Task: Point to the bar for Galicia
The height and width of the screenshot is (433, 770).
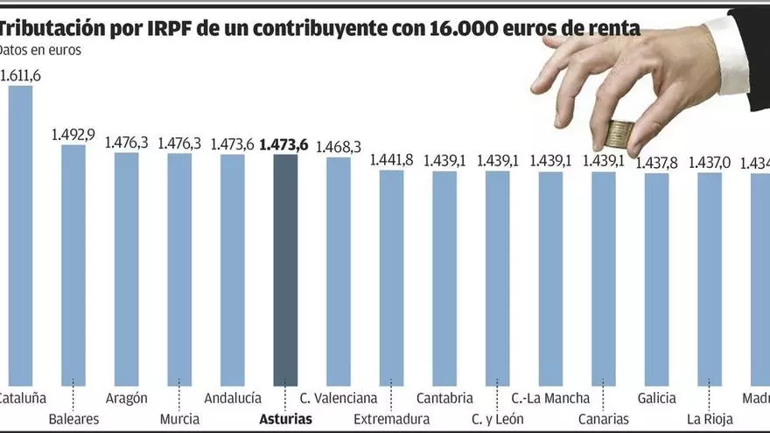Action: (x=656, y=279)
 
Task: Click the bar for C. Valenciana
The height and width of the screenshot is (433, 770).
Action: (x=339, y=270)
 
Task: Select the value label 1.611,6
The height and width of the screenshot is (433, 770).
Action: (x=20, y=75)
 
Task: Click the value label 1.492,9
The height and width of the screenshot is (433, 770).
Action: (x=73, y=135)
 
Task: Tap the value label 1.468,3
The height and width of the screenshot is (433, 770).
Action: (x=339, y=147)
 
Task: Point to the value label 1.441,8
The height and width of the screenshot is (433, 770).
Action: (x=392, y=160)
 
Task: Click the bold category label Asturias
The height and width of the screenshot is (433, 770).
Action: (x=285, y=419)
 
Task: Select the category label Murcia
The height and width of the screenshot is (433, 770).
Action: (x=179, y=419)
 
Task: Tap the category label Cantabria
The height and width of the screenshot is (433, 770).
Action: (x=444, y=398)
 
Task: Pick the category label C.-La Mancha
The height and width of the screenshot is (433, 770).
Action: (x=550, y=398)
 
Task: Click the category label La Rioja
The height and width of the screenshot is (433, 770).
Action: (x=710, y=419)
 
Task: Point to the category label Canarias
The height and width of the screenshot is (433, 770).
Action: (x=603, y=419)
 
